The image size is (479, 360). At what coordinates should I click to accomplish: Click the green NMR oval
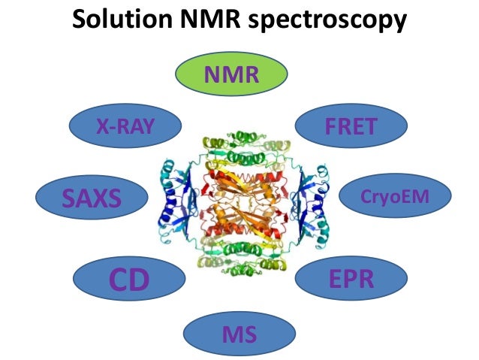click(231, 75)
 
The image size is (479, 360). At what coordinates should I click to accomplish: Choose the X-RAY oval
click(125, 128)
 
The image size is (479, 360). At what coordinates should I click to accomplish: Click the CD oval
click(129, 279)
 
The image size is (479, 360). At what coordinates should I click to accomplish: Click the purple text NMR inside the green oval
click(231, 75)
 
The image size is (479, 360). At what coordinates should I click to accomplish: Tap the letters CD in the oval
click(129, 280)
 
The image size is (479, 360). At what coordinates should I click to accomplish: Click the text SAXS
click(92, 199)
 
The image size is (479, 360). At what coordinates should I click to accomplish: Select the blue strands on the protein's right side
click(307, 199)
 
